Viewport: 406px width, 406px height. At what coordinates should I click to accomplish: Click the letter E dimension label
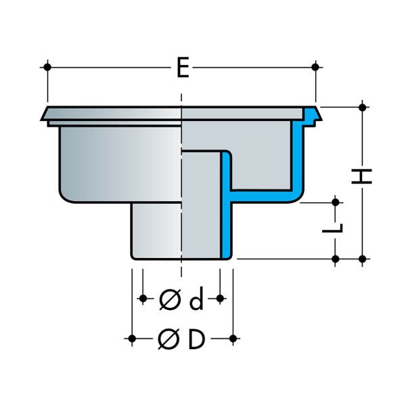pyautogui.click(x=183, y=67)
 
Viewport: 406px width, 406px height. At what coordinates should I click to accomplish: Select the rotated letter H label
pyautogui.click(x=361, y=177)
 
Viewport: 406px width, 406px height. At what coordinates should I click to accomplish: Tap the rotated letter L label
pyautogui.click(x=333, y=228)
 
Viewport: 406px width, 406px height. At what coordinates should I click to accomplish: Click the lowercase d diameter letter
pyautogui.click(x=196, y=300)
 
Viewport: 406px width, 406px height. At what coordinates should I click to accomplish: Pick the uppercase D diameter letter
pyautogui.click(x=197, y=339)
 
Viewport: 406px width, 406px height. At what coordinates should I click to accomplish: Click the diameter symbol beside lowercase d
pyautogui.click(x=170, y=300)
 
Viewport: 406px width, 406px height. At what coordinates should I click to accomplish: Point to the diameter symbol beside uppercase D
pyautogui.click(x=168, y=339)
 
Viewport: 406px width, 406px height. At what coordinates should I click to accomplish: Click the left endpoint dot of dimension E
pyautogui.click(x=47, y=67)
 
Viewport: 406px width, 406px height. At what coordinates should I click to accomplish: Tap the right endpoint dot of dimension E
pyautogui.click(x=315, y=67)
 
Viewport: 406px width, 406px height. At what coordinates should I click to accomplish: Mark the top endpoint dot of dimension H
pyautogui.click(x=363, y=107)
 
